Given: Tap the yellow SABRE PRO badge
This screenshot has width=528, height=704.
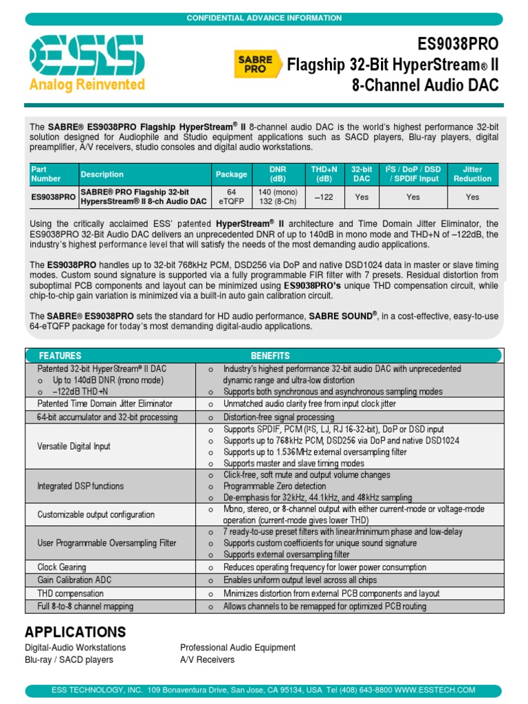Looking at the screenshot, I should [x=256, y=64].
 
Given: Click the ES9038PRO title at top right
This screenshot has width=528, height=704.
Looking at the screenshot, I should [x=458, y=45].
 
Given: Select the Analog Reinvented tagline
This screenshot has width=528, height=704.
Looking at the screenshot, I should [x=87, y=85].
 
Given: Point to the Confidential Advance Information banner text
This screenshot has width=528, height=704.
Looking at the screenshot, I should [x=264, y=18].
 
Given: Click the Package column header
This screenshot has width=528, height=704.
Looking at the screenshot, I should [x=231, y=174].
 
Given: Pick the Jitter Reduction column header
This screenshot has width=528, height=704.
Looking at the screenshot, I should [x=472, y=174].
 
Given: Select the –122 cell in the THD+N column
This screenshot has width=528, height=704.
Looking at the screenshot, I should [x=324, y=197].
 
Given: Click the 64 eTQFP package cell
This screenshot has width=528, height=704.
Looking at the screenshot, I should [x=231, y=197].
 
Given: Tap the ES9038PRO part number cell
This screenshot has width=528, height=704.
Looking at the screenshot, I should [x=54, y=197].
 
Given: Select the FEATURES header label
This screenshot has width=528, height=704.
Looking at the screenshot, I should [x=60, y=355].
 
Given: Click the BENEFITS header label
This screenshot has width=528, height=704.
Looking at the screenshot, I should [x=270, y=355].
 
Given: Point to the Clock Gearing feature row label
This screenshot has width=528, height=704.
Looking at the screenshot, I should [x=62, y=567].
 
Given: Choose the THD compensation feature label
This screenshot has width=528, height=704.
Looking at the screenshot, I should [x=70, y=593].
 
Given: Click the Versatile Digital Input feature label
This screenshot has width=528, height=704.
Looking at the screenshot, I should [x=74, y=446].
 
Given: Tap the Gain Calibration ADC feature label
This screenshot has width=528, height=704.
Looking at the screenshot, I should [x=74, y=580].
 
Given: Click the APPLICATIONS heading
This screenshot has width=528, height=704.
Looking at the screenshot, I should [x=75, y=632].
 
